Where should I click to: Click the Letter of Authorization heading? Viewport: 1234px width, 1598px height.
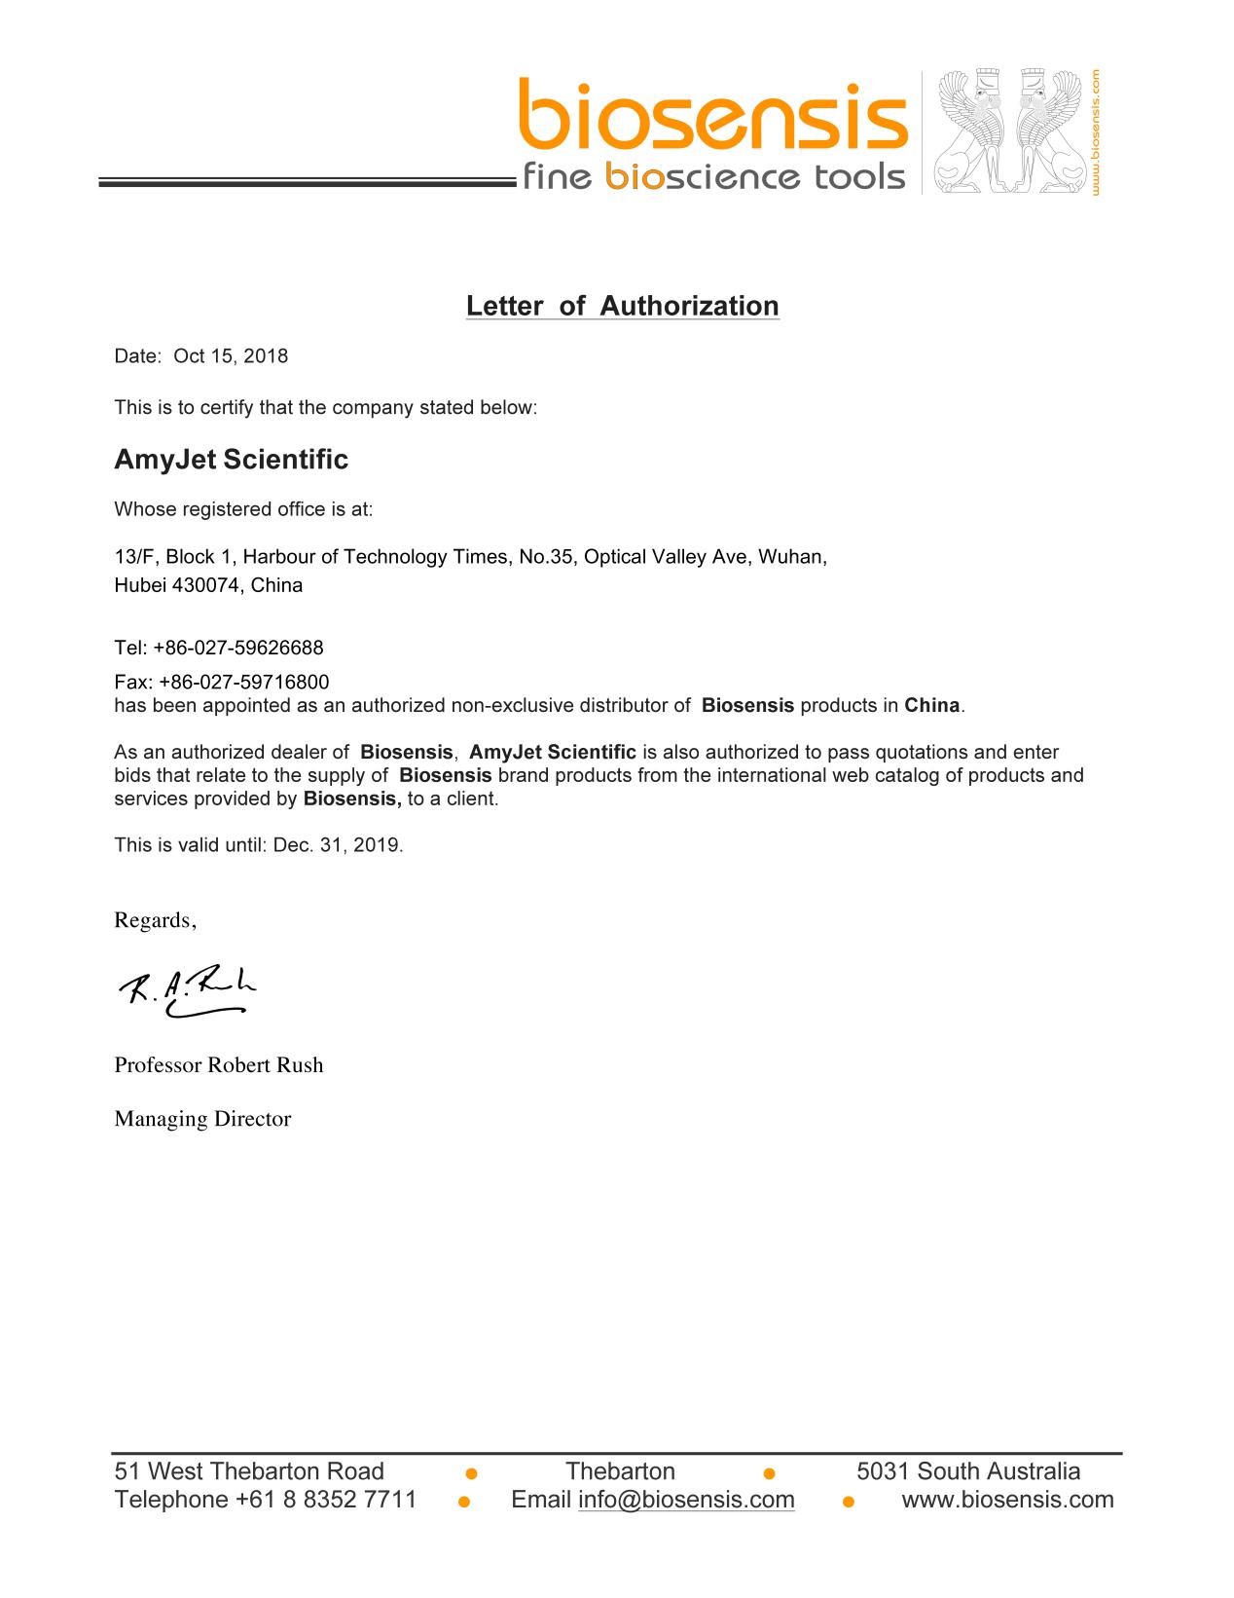[622, 306]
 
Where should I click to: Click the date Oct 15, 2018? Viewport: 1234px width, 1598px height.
[231, 356]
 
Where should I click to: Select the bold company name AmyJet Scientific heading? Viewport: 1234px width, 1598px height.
[231, 460]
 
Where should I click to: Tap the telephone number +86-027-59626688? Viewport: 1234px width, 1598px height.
[237, 648]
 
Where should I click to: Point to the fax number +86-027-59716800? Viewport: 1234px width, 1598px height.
[243, 682]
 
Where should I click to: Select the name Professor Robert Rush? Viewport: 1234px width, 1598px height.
[219, 1065]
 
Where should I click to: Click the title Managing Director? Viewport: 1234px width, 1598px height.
[202, 1119]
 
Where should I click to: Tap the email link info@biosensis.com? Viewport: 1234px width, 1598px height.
[686, 1500]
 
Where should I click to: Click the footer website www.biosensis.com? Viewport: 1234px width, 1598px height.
[1007, 1500]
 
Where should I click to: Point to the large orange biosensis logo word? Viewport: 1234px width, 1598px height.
[712, 117]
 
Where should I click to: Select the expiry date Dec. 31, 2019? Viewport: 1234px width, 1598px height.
[337, 845]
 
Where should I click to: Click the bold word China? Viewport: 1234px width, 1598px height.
[931, 706]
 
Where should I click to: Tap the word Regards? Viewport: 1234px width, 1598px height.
[154, 920]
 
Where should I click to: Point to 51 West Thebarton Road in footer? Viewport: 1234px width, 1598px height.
[249, 1471]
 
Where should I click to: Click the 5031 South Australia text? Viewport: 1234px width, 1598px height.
[967, 1471]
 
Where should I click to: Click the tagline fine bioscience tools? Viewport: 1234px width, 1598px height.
[713, 177]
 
